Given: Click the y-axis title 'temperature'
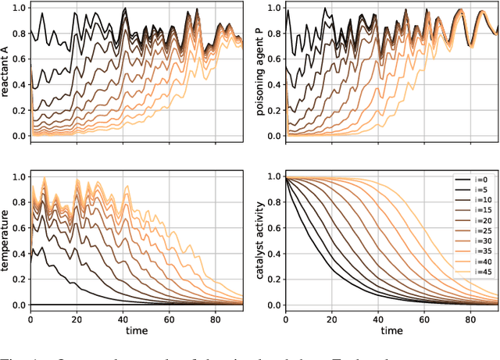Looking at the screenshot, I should point(6,241).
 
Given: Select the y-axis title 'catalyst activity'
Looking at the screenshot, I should point(262,241).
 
